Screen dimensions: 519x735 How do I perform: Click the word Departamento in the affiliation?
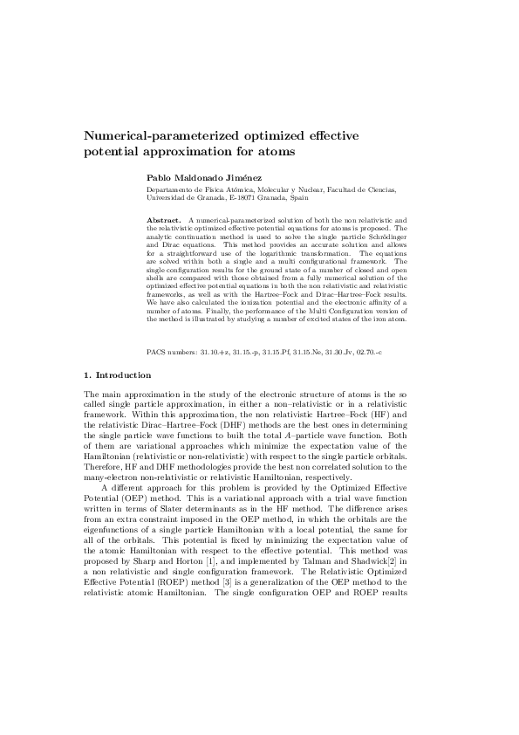tap(167, 189)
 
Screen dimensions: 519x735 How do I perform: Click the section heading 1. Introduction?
tap(116, 375)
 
